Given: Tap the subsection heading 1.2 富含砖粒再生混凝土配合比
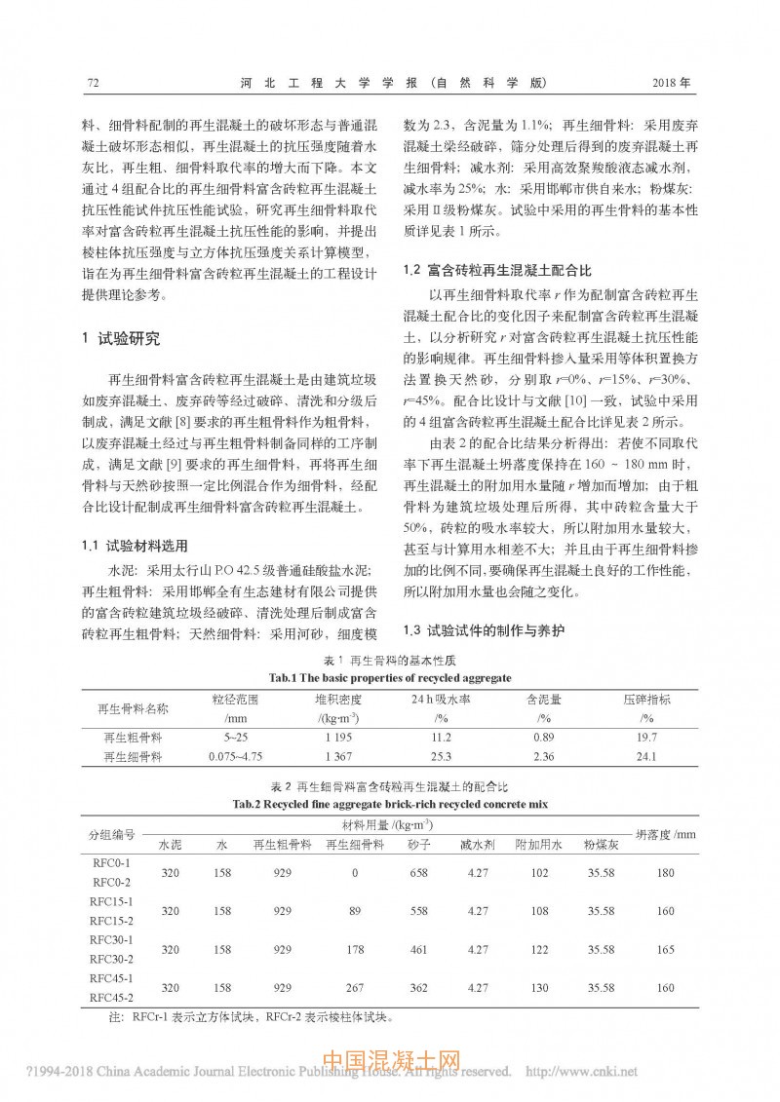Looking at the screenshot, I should [497, 268].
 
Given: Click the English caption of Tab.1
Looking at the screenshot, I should [389, 677].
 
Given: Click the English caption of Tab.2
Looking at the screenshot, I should [389, 804].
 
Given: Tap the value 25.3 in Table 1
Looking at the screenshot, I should [441, 756].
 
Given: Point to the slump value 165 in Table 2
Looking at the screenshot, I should [666, 948].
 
